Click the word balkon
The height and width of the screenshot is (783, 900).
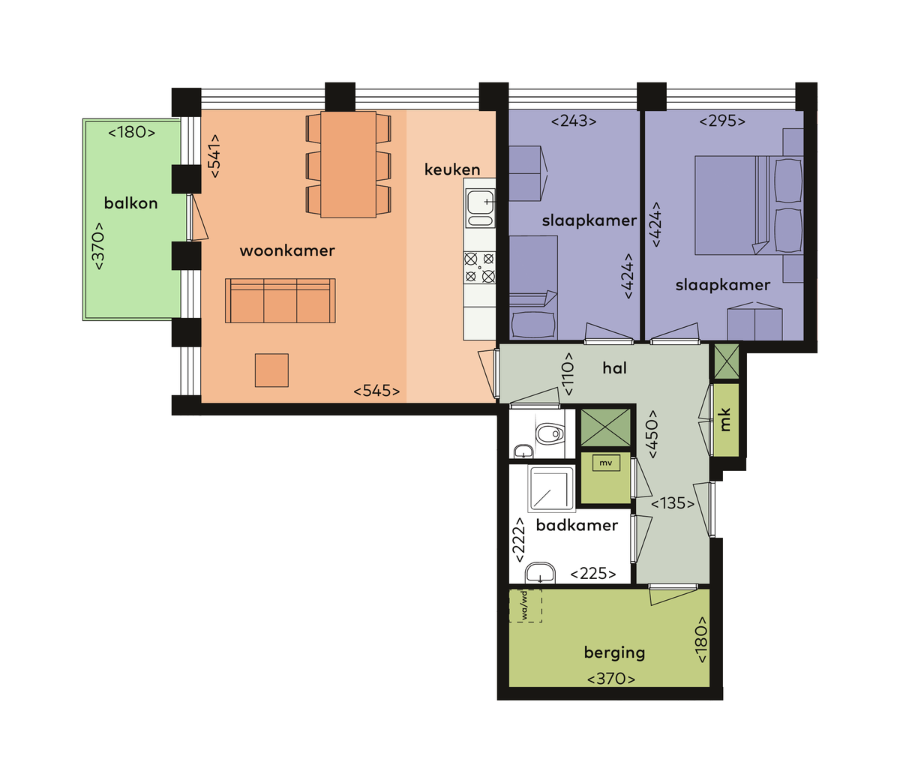coord(130,203)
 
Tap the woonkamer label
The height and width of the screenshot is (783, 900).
coord(287,250)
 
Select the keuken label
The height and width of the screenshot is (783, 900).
coord(451,169)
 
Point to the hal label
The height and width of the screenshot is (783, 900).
coord(614,367)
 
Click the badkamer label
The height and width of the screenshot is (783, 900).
coord(577,525)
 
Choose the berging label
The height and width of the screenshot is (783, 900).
coord(614,652)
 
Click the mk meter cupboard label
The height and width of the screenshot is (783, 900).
coord(725,420)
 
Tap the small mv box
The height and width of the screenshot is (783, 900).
coord(606,463)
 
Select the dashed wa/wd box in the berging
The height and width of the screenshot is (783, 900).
coord(525,605)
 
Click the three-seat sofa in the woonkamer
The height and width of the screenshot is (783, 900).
coord(280,301)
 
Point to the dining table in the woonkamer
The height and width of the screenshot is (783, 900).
coord(348,164)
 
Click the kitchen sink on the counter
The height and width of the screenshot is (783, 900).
coord(480,208)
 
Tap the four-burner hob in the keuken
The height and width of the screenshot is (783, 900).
coord(479,267)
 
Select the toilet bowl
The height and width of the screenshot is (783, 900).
coord(550,433)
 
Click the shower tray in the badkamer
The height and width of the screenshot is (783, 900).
coord(551,489)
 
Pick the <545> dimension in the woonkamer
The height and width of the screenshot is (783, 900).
coord(376,391)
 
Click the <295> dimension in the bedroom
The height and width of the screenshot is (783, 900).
coord(722,121)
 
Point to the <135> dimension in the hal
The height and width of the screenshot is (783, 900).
coord(673,503)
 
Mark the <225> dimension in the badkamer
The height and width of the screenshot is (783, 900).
coord(593,574)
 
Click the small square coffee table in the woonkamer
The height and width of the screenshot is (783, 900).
coord(271,370)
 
